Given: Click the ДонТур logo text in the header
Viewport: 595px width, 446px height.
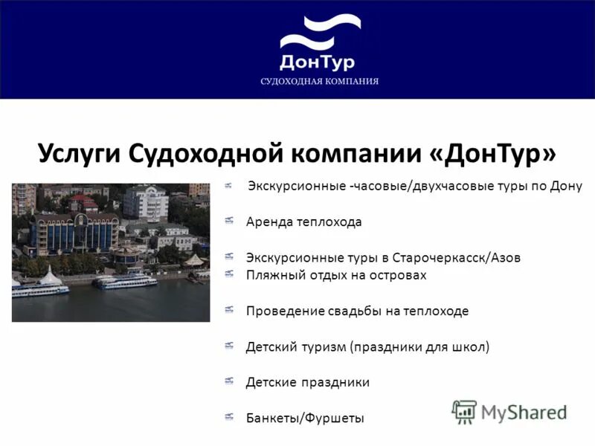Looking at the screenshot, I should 317,61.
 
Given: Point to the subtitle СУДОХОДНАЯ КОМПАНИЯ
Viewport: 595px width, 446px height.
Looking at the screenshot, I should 319,81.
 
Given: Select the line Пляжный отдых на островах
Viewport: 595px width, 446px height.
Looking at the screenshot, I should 336,275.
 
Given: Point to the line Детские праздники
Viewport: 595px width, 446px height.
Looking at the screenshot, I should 308,382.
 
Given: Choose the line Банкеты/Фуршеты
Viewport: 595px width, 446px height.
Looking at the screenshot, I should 305,418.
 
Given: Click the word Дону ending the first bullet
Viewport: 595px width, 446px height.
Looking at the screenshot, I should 565,185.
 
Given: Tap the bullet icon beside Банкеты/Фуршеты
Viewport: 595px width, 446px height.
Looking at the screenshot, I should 230,417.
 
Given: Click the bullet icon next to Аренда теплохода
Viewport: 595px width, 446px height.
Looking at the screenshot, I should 230,221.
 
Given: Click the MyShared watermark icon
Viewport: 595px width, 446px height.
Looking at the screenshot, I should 465,410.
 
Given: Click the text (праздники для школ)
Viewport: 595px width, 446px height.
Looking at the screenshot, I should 419,346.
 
